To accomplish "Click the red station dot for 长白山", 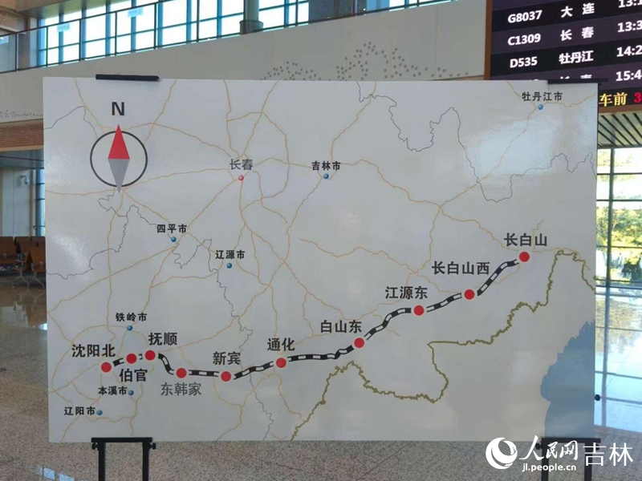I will [524, 257].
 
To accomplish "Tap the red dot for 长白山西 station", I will [469, 294].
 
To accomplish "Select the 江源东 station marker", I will [418, 310].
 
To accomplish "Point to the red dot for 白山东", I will [360, 342].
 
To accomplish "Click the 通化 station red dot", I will [281, 362].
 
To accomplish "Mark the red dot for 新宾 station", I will [226, 375].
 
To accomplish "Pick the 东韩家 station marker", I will [181, 372].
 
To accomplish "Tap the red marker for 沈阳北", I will [106, 366].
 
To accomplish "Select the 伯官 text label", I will [132, 374].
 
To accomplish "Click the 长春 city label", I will [241, 164].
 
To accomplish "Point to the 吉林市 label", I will [326, 166].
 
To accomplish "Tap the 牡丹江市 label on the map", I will [542, 96].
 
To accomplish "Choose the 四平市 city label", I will [172, 228].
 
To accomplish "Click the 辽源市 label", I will [230, 254].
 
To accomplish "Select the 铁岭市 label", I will [132, 317].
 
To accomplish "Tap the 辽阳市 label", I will [79, 410].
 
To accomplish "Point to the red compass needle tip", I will [119, 128].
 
